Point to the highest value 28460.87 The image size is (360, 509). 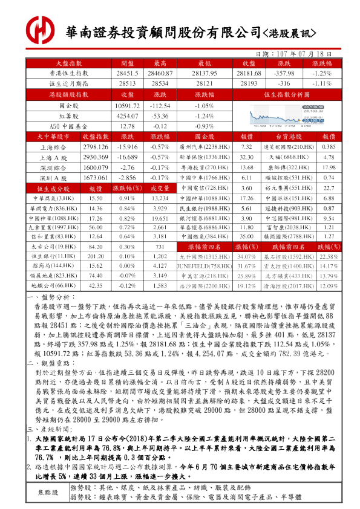(x=160, y=73)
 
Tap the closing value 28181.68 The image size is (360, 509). (x=247, y=73)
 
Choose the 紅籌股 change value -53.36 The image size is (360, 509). (x=160, y=115)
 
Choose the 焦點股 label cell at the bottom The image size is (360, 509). (x=48, y=492)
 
